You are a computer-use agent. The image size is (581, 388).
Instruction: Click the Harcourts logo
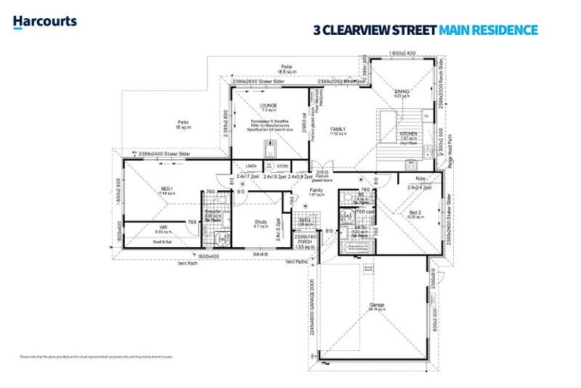tap(45, 21)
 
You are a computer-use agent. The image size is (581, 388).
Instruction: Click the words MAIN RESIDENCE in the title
tap(493, 30)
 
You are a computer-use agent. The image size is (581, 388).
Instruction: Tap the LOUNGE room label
tap(268, 105)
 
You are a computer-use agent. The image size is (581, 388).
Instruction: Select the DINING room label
tap(402, 91)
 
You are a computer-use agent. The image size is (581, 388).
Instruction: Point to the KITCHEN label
tap(408, 134)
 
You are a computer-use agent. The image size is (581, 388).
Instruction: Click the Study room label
tap(261, 222)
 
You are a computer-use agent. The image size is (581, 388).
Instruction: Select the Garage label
tap(377, 305)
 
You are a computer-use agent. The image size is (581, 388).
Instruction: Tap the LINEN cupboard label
tap(250, 166)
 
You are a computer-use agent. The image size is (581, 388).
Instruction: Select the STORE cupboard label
tap(282, 166)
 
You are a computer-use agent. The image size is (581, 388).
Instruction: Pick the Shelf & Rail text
tap(164, 242)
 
